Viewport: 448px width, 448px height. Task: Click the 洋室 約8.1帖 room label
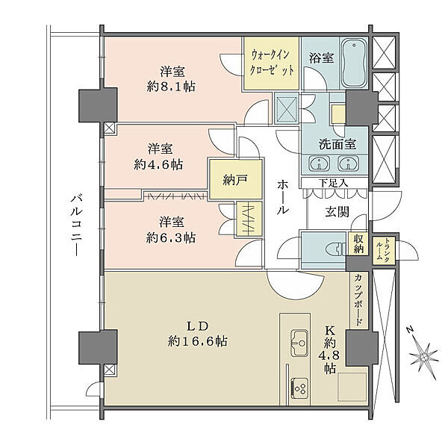pos(172,79)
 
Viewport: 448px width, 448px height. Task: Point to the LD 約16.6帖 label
pos(197,333)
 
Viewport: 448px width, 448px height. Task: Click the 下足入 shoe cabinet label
pos(334,182)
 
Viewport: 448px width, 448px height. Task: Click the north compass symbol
pos(422,349)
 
